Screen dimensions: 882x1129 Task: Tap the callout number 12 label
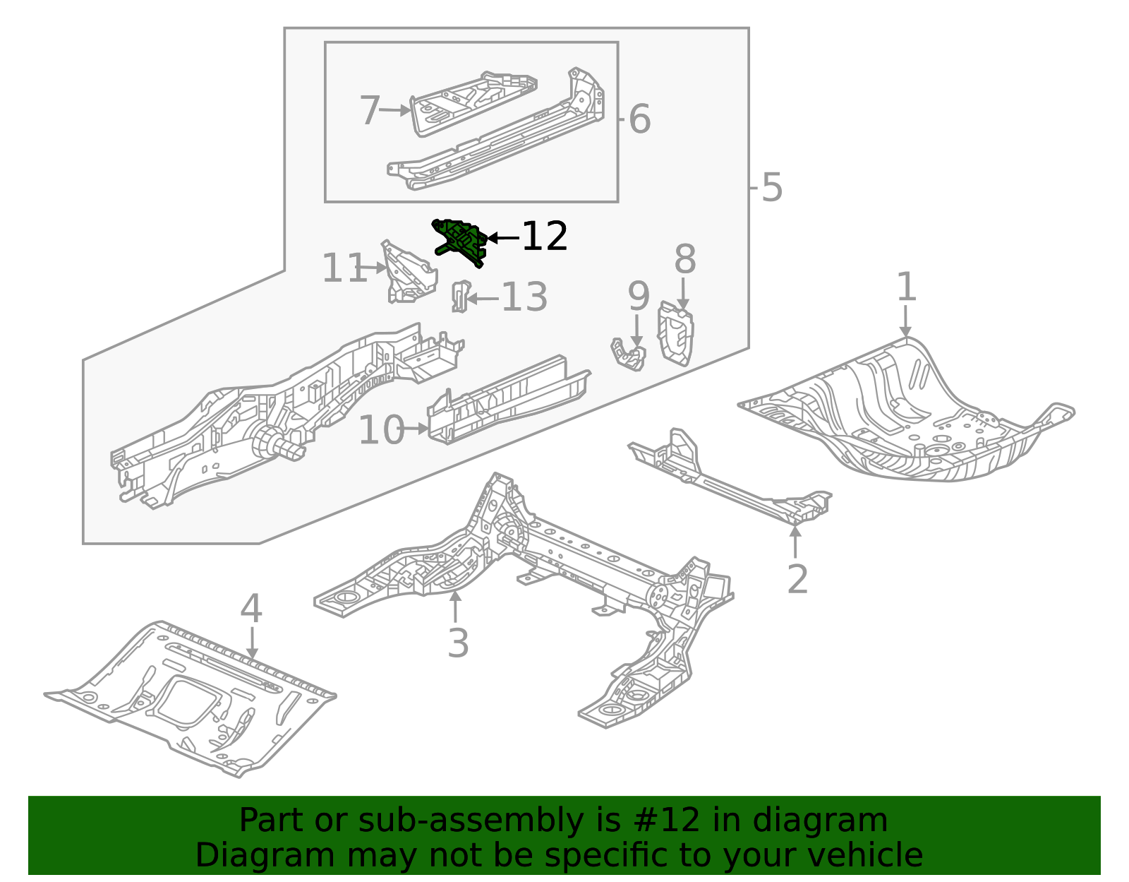click(544, 237)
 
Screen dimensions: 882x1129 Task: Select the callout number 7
click(370, 111)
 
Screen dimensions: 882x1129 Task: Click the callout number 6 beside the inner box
click(639, 119)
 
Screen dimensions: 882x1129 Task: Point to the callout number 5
click(773, 188)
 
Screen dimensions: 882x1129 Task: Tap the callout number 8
click(684, 259)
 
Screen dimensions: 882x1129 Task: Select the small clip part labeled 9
click(628, 354)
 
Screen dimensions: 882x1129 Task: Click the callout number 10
click(381, 430)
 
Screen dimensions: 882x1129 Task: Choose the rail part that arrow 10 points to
click(508, 401)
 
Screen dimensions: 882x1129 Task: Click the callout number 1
click(906, 287)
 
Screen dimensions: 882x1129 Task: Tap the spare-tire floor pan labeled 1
click(910, 417)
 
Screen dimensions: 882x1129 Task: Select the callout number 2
click(797, 579)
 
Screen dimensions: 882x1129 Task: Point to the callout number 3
click(458, 643)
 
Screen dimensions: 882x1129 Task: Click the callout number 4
click(251, 609)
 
